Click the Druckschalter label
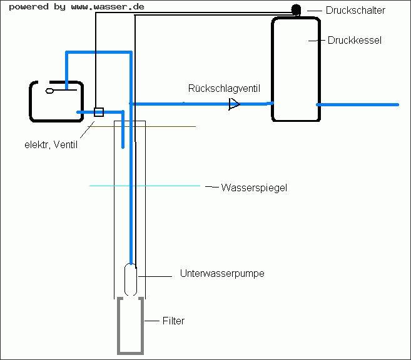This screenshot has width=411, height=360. click(355, 10)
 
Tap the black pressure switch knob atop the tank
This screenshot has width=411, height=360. click(297, 10)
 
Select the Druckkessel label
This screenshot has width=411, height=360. click(354, 41)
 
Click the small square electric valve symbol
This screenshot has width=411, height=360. click(98, 112)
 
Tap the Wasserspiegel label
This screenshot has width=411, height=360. click(254, 187)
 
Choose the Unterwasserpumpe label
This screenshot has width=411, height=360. click(222, 274)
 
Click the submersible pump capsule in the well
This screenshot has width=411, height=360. click(131, 279)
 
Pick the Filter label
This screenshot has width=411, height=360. click(173, 321)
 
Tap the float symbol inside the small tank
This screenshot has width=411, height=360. click(51, 91)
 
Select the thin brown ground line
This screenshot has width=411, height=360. click(175, 126)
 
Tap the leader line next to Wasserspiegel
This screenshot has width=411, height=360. click(210, 186)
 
